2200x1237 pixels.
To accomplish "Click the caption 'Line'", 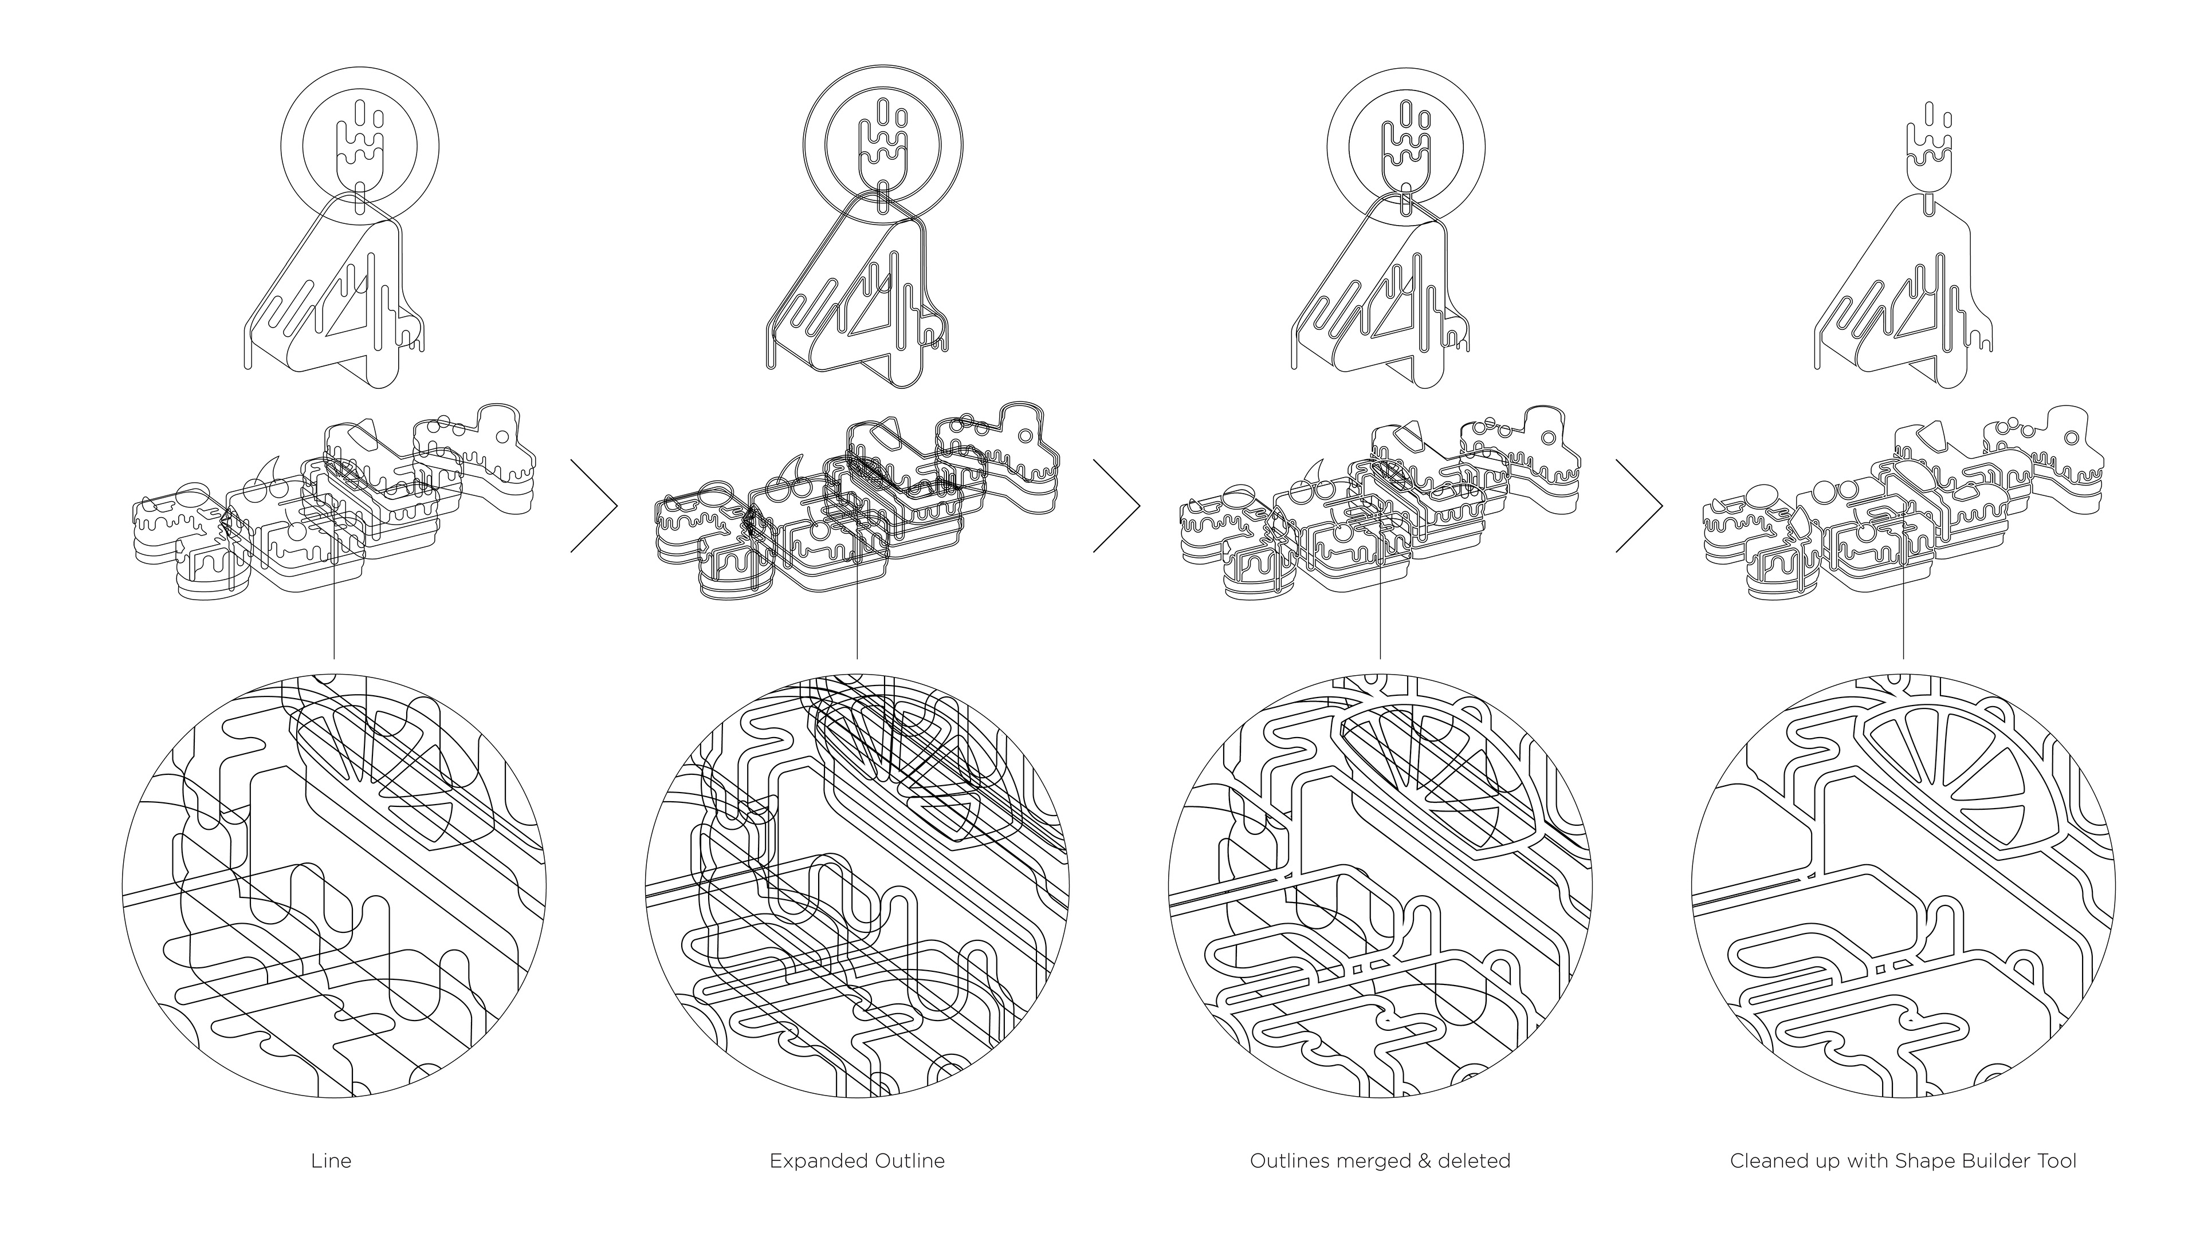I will pos(331,1161).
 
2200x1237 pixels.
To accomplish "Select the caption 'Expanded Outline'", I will pos(857,1161).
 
